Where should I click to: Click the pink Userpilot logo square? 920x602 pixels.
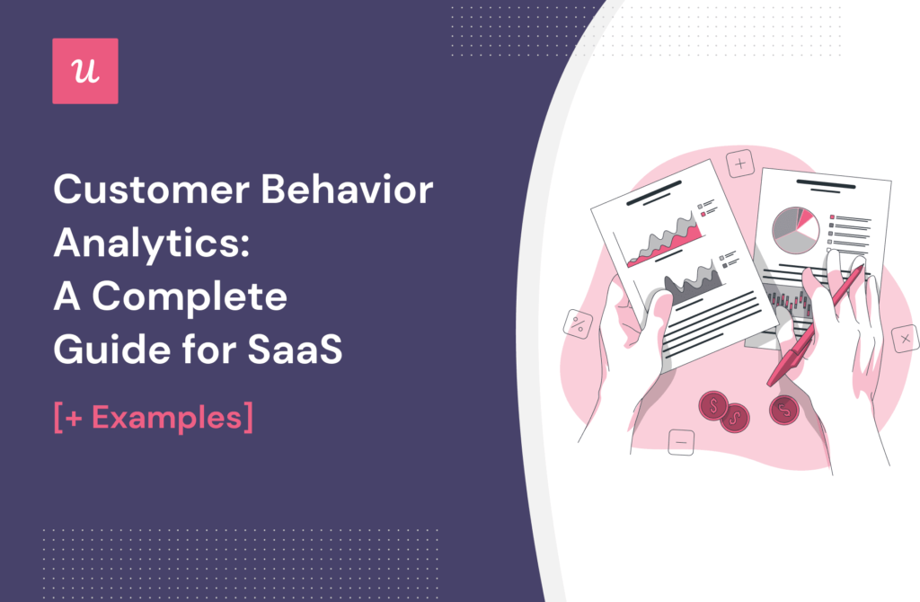84,71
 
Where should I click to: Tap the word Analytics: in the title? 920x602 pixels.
148,243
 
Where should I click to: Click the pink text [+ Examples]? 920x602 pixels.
153,418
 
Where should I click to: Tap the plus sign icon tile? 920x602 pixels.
739,164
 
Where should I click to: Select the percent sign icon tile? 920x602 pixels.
576,323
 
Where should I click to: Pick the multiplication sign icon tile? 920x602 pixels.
904,339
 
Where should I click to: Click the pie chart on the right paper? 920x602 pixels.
794,230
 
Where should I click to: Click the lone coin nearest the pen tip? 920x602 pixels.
783,410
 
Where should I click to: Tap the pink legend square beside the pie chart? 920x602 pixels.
833,217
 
